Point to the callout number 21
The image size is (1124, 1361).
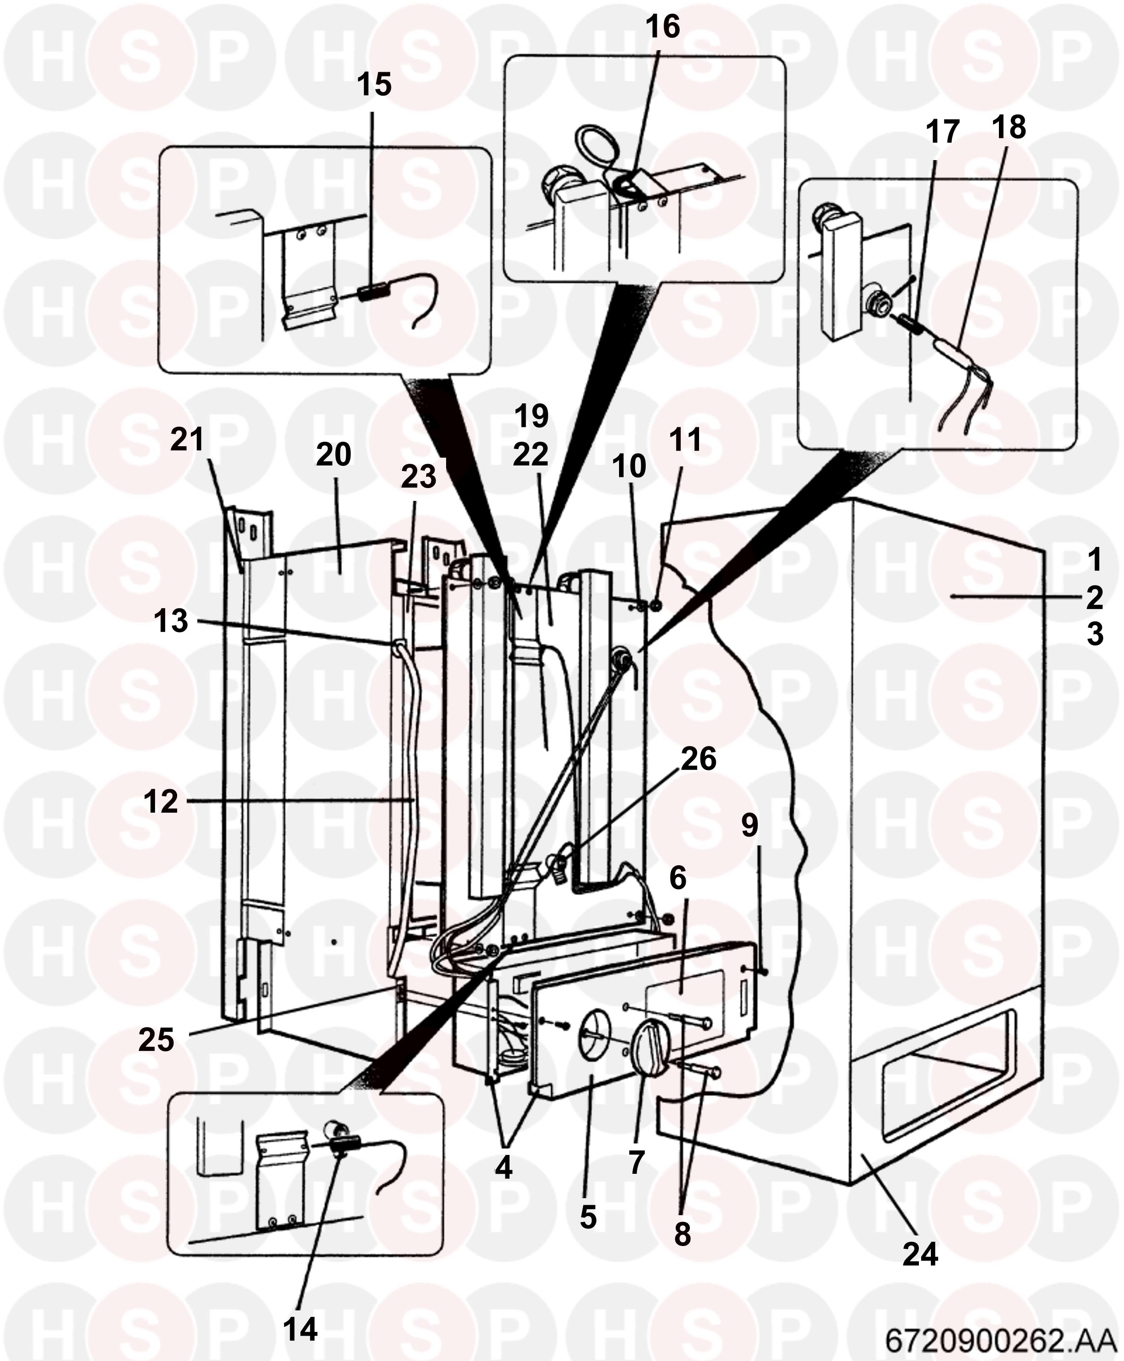coord(187,441)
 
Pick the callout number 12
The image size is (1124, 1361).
coord(161,802)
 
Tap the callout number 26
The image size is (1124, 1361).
coord(698,759)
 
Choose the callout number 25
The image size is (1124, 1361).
coord(157,1040)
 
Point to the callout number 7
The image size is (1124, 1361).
coord(637,1162)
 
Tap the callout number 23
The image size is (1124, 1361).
coord(418,478)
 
